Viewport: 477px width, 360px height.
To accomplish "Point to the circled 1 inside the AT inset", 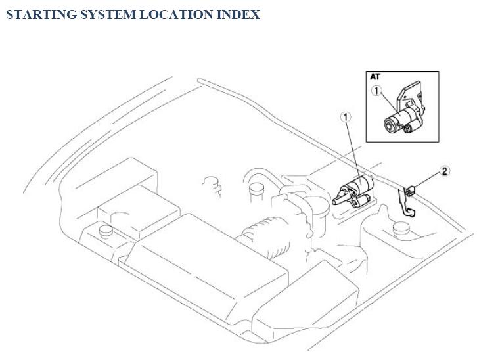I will click(376, 91).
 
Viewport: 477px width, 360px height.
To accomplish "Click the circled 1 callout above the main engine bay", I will click(346, 117).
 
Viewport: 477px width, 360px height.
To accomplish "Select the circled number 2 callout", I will click(445, 171).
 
